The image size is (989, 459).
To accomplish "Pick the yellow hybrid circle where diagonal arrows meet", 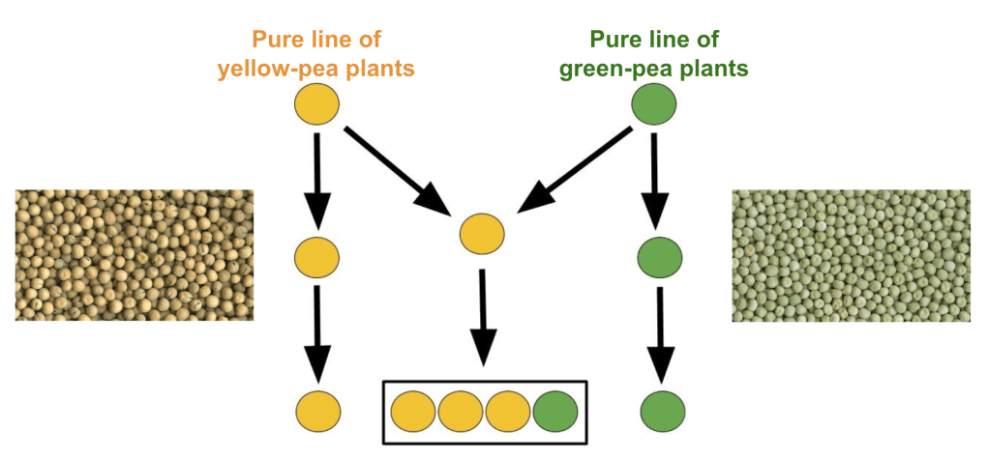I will (482, 234).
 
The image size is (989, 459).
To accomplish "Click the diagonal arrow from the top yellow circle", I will (397, 170).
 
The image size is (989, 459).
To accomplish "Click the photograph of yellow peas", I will (135, 254).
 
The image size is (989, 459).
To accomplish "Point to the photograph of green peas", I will (851, 254).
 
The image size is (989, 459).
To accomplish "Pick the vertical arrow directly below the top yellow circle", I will (317, 179).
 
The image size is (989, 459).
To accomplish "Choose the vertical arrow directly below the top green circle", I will (657, 179).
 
